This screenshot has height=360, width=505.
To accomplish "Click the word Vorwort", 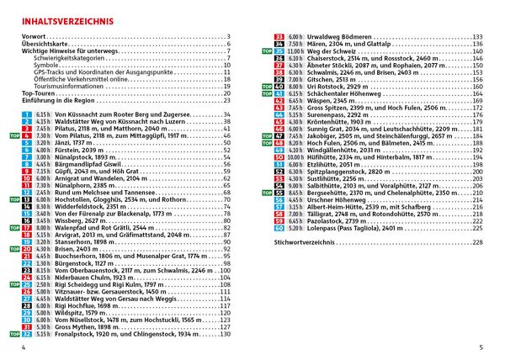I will (x=34, y=36).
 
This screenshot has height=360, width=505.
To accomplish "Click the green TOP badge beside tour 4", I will (x=14, y=135).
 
